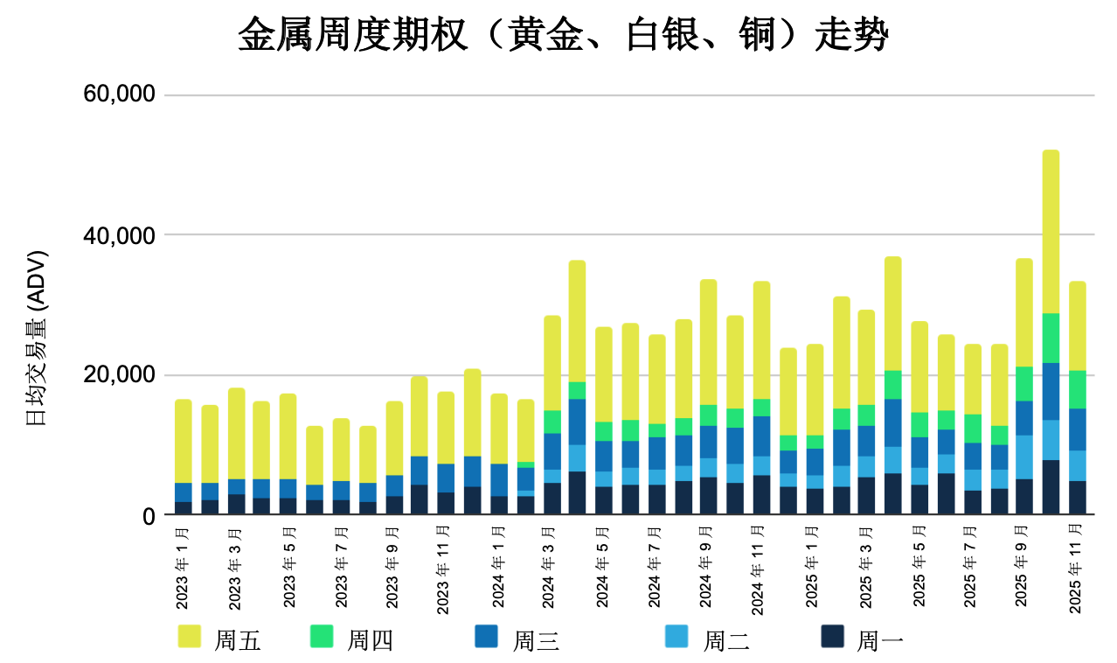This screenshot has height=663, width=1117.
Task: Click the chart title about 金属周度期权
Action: (563, 37)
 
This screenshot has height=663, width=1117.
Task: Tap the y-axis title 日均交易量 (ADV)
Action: (38, 338)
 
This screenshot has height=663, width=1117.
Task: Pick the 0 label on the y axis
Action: (148, 516)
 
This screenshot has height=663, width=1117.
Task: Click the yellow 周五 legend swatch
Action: (189, 637)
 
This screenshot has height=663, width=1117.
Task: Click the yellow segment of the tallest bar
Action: (1051, 232)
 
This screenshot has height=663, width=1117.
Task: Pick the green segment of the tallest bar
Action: (1051, 338)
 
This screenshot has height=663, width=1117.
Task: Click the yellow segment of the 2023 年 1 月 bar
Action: (184, 441)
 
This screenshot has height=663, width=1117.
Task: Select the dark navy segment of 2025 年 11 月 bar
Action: (1077, 498)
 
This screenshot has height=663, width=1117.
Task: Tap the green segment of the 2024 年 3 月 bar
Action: (552, 422)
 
